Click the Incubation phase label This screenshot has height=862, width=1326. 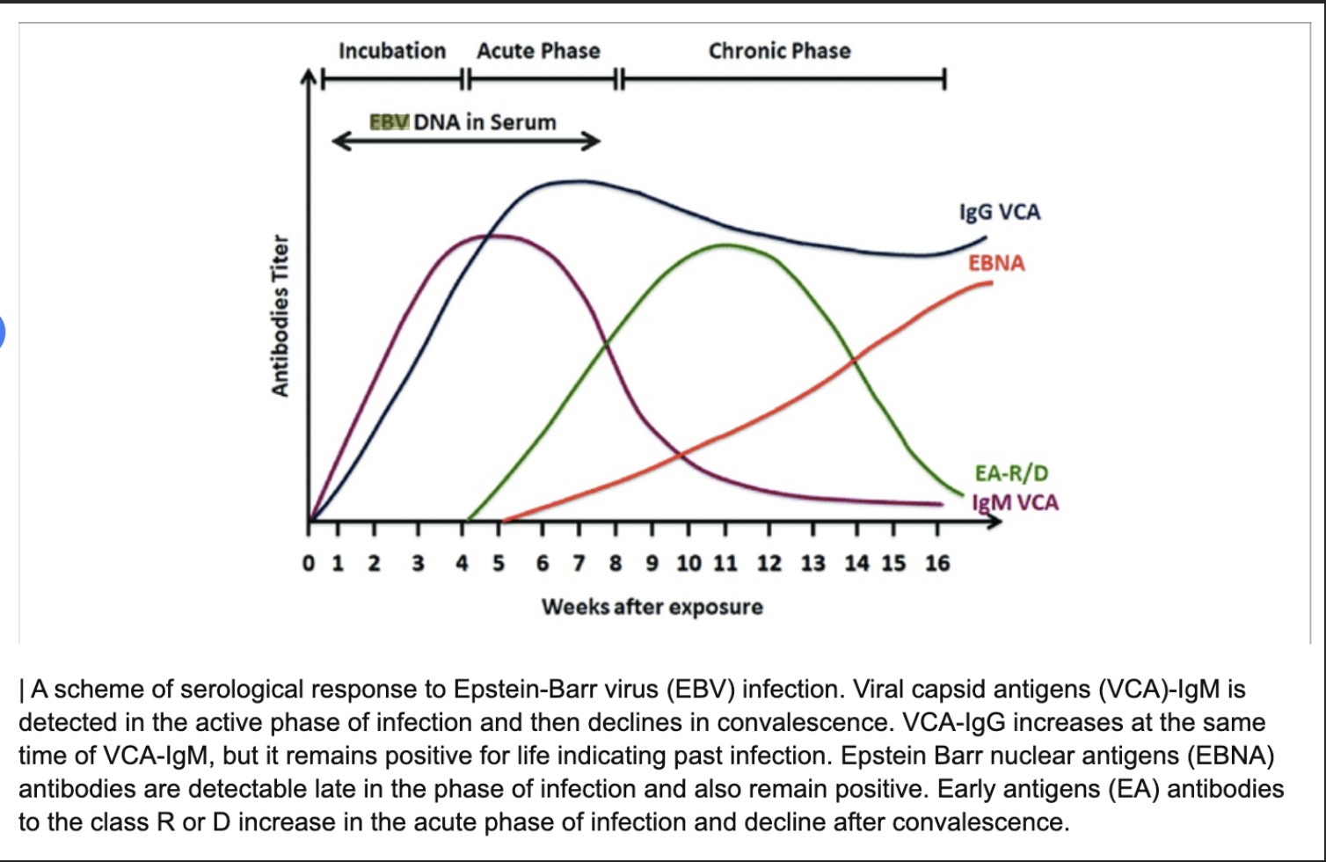pyautogui.click(x=392, y=51)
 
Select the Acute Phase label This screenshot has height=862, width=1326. pyautogui.click(x=538, y=51)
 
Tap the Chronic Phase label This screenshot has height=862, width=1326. pyautogui.click(x=779, y=51)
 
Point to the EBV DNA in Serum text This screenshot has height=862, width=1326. pyautogui.click(x=463, y=122)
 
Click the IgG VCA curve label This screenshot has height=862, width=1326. pyautogui.click(x=1000, y=212)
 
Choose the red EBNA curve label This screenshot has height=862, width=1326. pyautogui.click(x=996, y=263)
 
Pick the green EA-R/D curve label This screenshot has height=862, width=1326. pyautogui.click(x=1011, y=473)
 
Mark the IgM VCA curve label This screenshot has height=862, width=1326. pyautogui.click(x=1016, y=503)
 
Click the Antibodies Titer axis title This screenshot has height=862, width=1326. pyautogui.click(x=280, y=315)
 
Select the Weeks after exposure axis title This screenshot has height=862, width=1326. pyautogui.click(x=652, y=607)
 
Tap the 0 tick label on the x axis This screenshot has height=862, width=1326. pyautogui.click(x=309, y=563)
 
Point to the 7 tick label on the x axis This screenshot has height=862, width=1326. pyautogui.click(x=578, y=563)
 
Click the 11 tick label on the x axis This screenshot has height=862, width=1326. pyautogui.click(x=725, y=563)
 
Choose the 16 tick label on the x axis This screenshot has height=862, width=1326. pyautogui.click(x=937, y=563)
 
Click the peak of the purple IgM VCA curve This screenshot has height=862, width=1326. pyautogui.click(x=494, y=235)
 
